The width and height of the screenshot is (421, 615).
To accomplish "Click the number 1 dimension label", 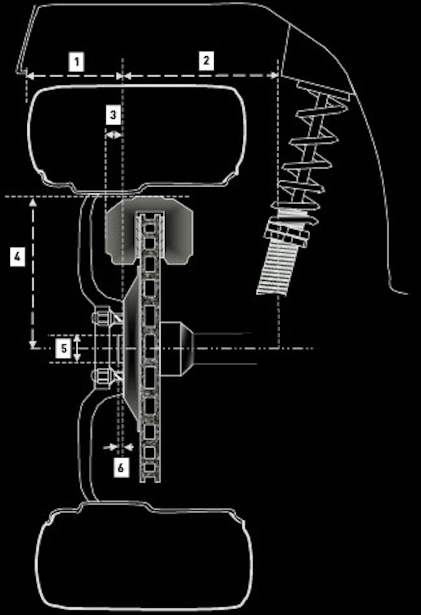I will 76,62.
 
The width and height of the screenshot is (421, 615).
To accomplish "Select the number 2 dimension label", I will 206,60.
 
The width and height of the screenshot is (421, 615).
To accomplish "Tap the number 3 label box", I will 113,115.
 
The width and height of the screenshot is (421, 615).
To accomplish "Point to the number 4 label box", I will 17,256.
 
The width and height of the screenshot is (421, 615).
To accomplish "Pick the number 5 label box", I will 64,348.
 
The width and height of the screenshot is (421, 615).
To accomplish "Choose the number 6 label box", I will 121,467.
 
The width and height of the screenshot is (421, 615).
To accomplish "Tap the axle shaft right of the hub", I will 225,348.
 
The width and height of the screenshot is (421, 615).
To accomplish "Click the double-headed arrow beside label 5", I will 78,348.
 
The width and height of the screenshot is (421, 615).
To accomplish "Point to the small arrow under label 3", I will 113,135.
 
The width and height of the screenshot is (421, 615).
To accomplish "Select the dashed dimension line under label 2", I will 200,75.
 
